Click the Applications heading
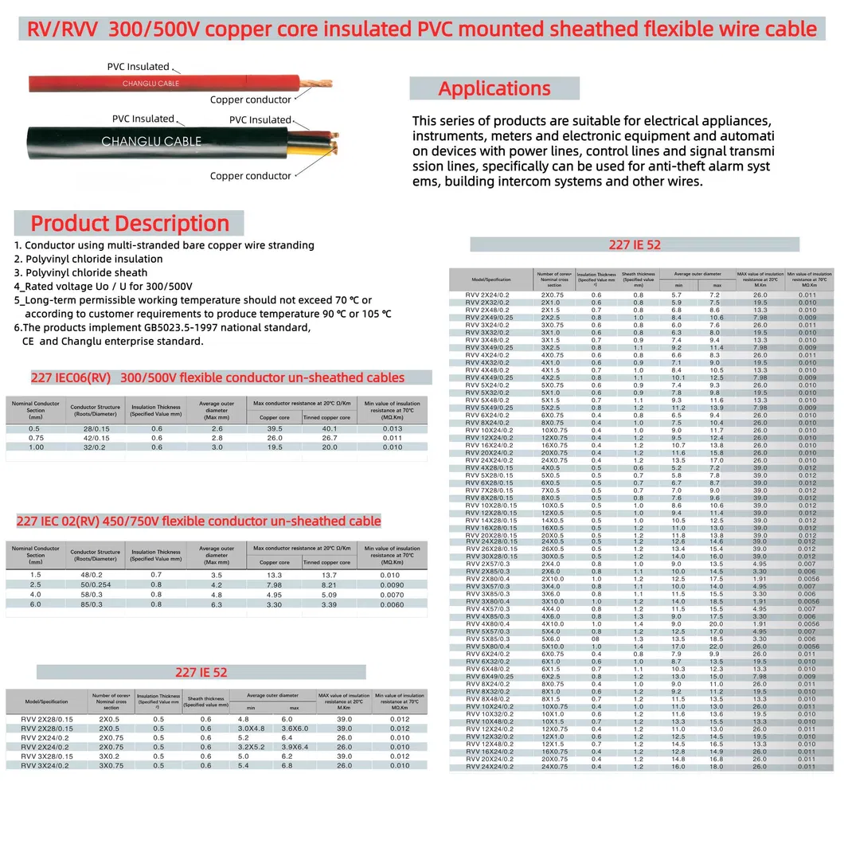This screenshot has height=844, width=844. pos(494,88)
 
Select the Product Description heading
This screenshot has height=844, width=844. pos(130,223)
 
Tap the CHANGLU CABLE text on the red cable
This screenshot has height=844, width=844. pos(150,84)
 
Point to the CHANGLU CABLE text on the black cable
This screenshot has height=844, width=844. pos(151,142)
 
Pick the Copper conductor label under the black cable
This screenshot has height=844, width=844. pos(250,176)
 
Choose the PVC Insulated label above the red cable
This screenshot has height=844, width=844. pos(138,67)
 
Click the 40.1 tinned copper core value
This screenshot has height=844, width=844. pos(326,428)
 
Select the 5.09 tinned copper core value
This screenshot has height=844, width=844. pos(326,594)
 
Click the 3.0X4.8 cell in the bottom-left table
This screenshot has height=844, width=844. pos(251,729)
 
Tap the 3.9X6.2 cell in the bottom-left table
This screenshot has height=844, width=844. pos(294,747)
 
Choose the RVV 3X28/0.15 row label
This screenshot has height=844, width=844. pos(46,756)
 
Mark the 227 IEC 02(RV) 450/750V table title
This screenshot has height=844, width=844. pos(198,522)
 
